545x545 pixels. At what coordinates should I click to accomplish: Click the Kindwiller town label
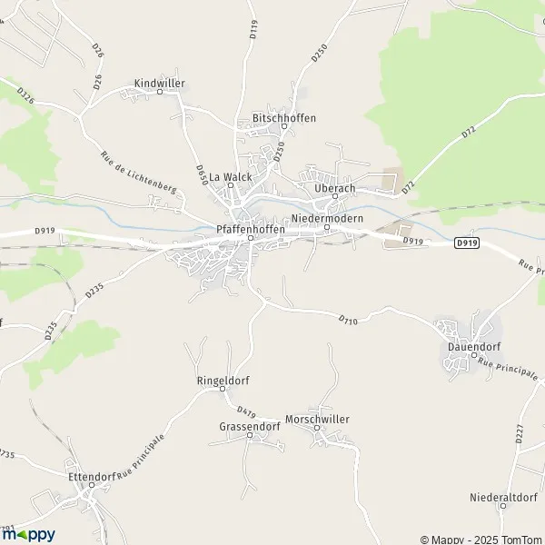159,83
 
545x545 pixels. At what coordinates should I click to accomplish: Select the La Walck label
230,176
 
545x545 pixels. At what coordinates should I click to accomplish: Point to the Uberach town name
333,187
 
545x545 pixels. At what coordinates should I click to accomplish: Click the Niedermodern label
327,219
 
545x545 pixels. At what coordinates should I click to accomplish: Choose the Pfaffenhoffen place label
251,230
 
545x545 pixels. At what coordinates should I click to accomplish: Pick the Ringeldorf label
223,381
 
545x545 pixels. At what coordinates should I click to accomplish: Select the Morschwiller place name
317,419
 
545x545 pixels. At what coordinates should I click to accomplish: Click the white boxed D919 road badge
466,243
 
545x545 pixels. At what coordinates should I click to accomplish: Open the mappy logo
28,534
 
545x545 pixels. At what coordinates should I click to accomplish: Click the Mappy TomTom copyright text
481,539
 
